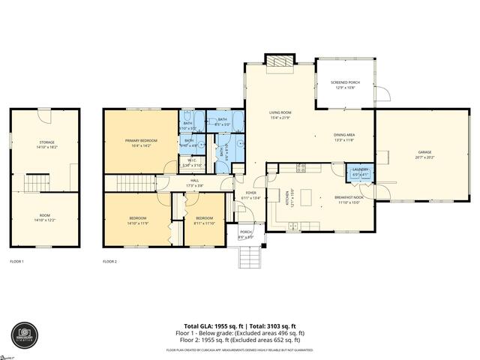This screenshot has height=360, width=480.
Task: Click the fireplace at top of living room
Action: [x=281, y=62]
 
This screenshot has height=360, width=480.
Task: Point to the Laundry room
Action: [x=360, y=173]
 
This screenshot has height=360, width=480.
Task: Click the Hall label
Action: [x=194, y=182]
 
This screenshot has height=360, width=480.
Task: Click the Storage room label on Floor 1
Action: [x=46, y=144]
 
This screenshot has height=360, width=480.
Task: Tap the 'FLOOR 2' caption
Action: [x=109, y=262]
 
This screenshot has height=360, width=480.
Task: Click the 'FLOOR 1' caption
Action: [x=16, y=262]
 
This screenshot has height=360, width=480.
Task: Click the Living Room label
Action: [x=280, y=115]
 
